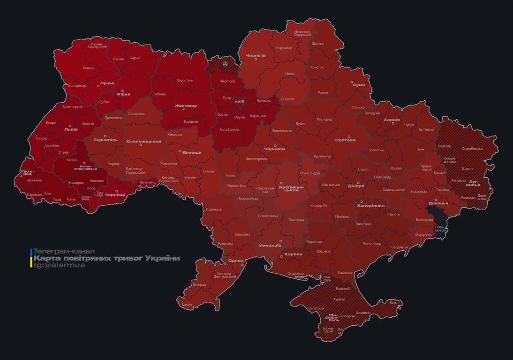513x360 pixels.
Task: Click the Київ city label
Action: [x=239, y=101]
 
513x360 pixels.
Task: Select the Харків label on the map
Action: [x=392, y=120]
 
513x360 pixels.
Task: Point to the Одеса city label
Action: [x=236, y=260]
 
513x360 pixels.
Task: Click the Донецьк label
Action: [x=438, y=203]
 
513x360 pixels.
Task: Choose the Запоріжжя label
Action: [x=370, y=205]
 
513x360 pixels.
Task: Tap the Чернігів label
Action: [x=256, y=55]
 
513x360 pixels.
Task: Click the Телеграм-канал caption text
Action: [x=64, y=251]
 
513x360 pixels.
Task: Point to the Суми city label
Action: [x=359, y=85]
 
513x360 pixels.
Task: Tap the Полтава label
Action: [x=345, y=140]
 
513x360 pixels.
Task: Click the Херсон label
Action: [x=293, y=254]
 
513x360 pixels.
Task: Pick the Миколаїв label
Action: [x=270, y=245]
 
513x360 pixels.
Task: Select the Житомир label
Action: [x=186, y=105]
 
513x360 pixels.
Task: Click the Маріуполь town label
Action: [x=423, y=234]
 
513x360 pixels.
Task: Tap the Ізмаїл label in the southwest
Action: [x=187, y=304]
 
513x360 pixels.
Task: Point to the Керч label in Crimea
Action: [x=393, y=303]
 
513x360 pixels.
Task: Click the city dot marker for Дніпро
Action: [x=358, y=183]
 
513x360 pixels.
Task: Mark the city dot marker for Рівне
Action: [x=122, y=90]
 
